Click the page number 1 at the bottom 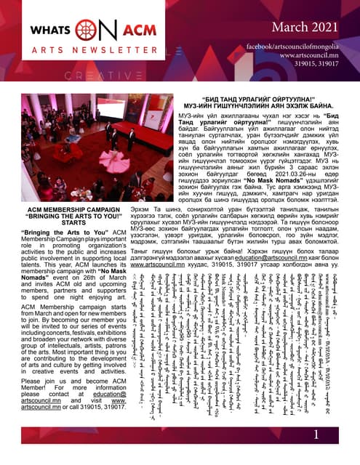(x=317, y=434)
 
